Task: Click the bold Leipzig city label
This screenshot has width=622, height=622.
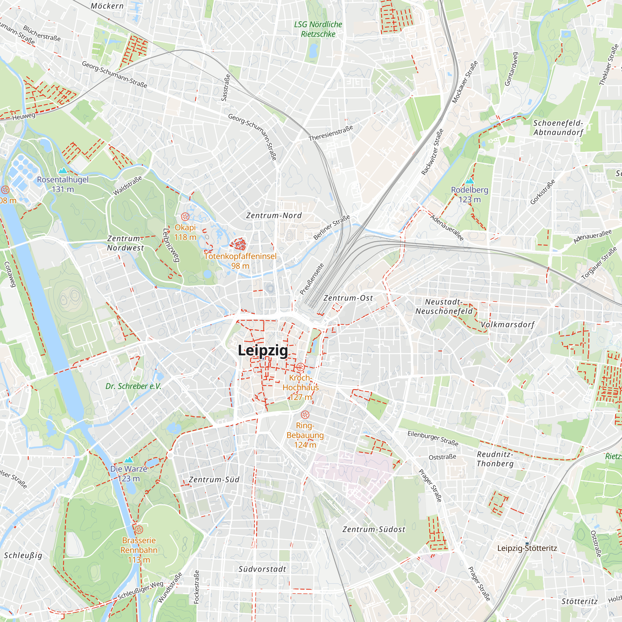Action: click(x=263, y=350)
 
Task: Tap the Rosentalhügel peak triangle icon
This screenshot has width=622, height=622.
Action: click(x=63, y=170)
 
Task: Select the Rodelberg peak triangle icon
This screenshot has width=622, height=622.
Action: click(x=469, y=181)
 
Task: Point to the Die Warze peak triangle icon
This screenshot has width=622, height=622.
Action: click(x=128, y=460)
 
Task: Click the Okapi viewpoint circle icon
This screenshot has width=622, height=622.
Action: click(x=185, y=216)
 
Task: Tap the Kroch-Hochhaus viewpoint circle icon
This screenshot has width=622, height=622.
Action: click(x=300, y=367)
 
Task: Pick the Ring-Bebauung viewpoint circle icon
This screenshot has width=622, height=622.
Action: click(x=305, y=415)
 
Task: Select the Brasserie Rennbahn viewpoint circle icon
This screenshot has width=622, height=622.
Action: click(x=139, y=529)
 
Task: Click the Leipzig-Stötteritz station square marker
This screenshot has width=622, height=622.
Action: click(x=527, y=544)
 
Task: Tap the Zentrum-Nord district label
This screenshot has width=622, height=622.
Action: click(x=274, y=216)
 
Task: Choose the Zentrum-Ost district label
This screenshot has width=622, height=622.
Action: click(x=348, y=298)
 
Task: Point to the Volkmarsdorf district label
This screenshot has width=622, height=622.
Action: click(x=507, y=324)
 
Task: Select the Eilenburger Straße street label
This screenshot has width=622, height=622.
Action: click(x=433, y=438)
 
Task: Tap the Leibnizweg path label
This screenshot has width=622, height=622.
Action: click(x=171, y=245)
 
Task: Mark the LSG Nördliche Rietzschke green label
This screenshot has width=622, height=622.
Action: click(x=318, y=29)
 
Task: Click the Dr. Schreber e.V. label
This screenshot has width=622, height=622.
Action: click(x=133, y=386)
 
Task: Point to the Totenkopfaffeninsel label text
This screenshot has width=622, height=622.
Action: click(x=240, y=256)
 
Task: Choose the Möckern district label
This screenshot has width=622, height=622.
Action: click(x=107, y=6)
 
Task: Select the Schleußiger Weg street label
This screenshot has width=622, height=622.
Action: click(x=140, y=591)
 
